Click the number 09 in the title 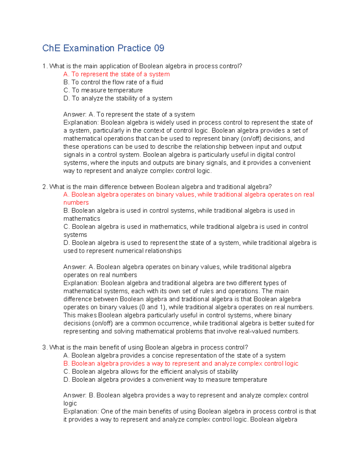[159, 48]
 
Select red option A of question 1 [116, 74]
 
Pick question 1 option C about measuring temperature [103, 90]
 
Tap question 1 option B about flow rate [113, 82]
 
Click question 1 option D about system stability [118, 98]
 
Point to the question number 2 [44, 187]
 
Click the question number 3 [44, 347]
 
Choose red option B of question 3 [181, 364]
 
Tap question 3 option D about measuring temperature [165, 380]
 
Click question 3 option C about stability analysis [151, 371]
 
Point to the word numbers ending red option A [76, 203]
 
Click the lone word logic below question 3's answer [70, 404]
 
